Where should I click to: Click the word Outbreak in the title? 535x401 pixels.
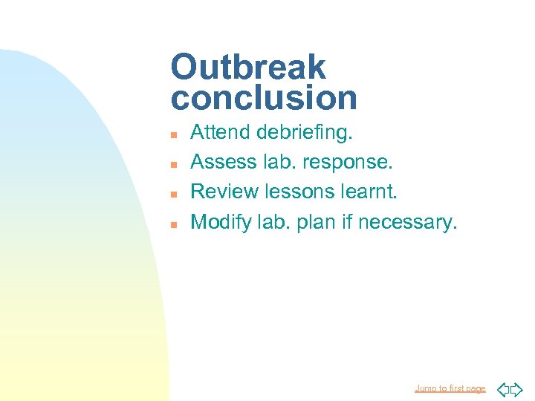(248, 67)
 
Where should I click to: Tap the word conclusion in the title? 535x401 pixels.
(264, 97)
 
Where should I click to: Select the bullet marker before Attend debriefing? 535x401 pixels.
(172, 134)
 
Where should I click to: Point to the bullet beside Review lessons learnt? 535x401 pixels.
(172, 193)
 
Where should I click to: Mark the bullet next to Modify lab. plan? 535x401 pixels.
(172, 223)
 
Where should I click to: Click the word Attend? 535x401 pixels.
(221, 133)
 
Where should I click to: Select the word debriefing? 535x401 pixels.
(305, 134)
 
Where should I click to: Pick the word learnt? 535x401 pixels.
(369, 192)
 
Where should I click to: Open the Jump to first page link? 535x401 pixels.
(450, 388)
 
